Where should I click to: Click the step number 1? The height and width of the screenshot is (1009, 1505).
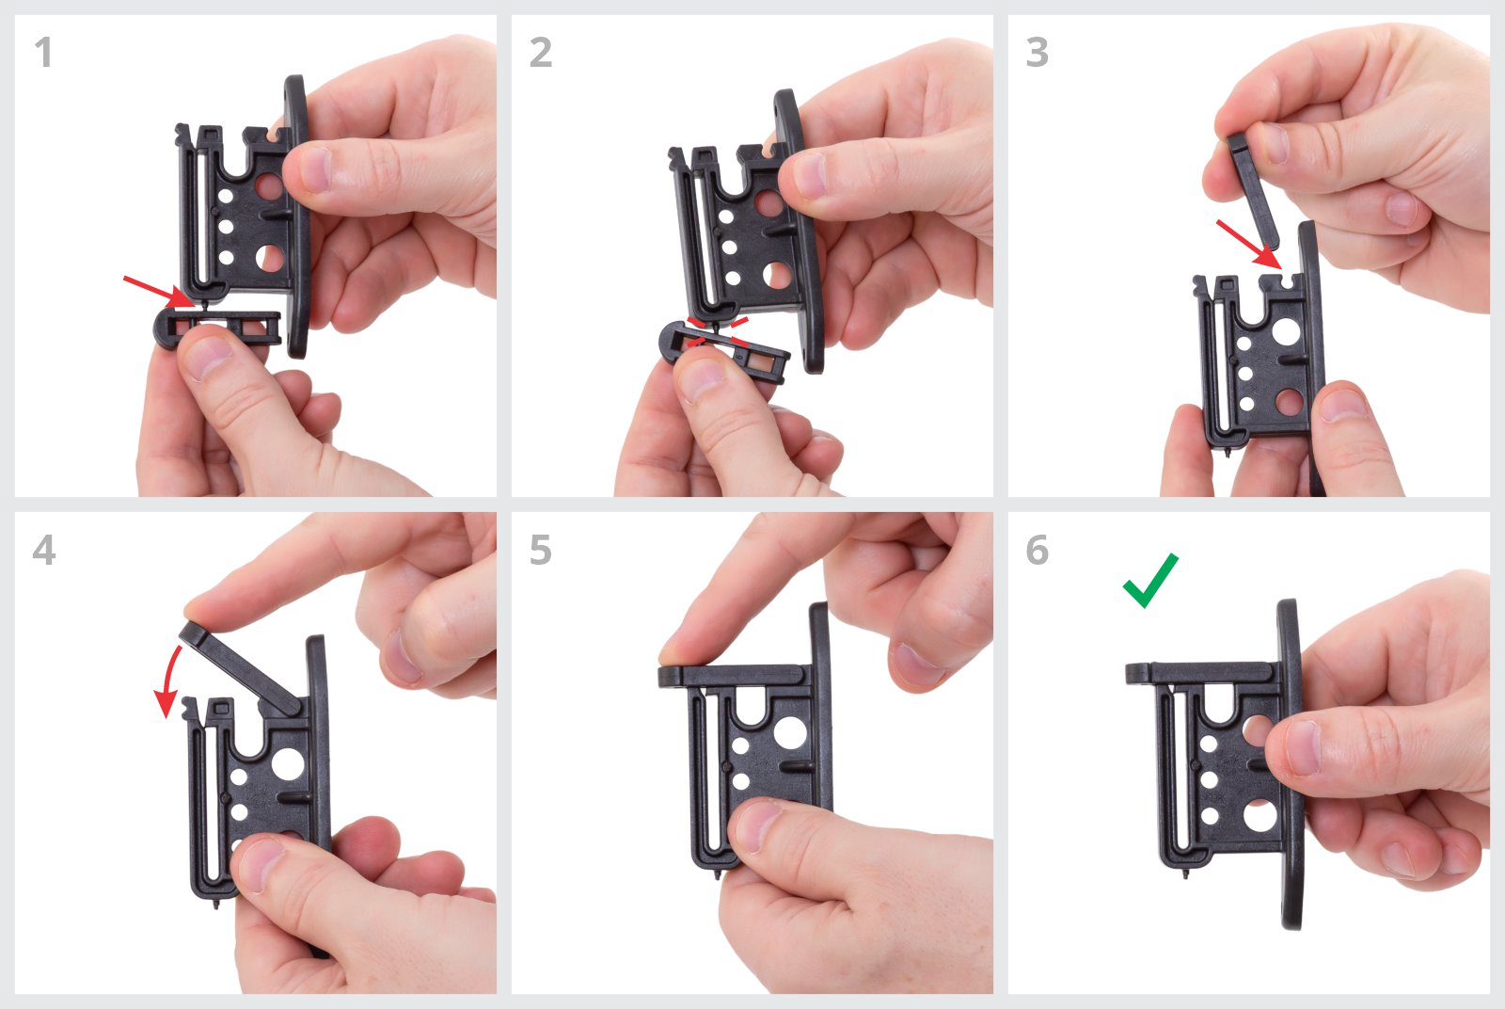43,53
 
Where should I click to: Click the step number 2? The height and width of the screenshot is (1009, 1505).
541,53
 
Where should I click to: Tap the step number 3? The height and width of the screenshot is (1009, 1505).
1037,53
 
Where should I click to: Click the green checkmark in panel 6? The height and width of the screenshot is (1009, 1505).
1150,580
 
